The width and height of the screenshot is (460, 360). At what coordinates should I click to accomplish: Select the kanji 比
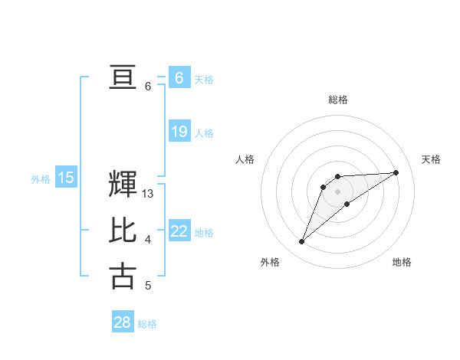[x=123, y=231]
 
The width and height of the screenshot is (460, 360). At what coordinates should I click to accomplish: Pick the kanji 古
[x=123, y=276]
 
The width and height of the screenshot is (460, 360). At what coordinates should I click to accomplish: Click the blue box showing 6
[x=179, y=77]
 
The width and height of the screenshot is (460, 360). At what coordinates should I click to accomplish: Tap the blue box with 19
[x=179, y=132]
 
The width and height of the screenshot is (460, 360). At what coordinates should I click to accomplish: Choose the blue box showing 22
[x=179, y=231]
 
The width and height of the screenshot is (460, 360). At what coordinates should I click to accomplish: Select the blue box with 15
[x=65, y=178]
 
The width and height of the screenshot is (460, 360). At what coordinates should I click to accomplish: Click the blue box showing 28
[x=123, y=322]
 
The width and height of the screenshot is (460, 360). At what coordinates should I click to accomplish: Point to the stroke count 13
[x=148, y=195]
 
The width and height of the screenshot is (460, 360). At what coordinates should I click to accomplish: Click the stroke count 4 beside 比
[x=148, y=241]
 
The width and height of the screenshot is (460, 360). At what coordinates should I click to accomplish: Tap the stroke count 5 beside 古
[x=148, y=286]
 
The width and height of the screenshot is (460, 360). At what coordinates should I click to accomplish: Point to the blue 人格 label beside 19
[x=204, y=133]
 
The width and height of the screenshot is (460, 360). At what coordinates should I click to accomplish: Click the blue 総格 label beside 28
[x=147, y=324]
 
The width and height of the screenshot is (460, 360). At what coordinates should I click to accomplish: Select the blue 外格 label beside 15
[x=41, y=179]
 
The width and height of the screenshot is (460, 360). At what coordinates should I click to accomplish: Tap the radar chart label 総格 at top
[x=337, y=100]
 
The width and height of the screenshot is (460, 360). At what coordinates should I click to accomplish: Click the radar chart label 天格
[x=431, y=159]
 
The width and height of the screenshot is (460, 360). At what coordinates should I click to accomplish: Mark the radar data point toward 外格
[x=302, y=242]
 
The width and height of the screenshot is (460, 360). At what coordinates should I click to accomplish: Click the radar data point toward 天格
[x=396, y=172]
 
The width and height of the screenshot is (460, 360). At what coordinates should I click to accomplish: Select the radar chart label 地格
[x=402, y=262]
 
